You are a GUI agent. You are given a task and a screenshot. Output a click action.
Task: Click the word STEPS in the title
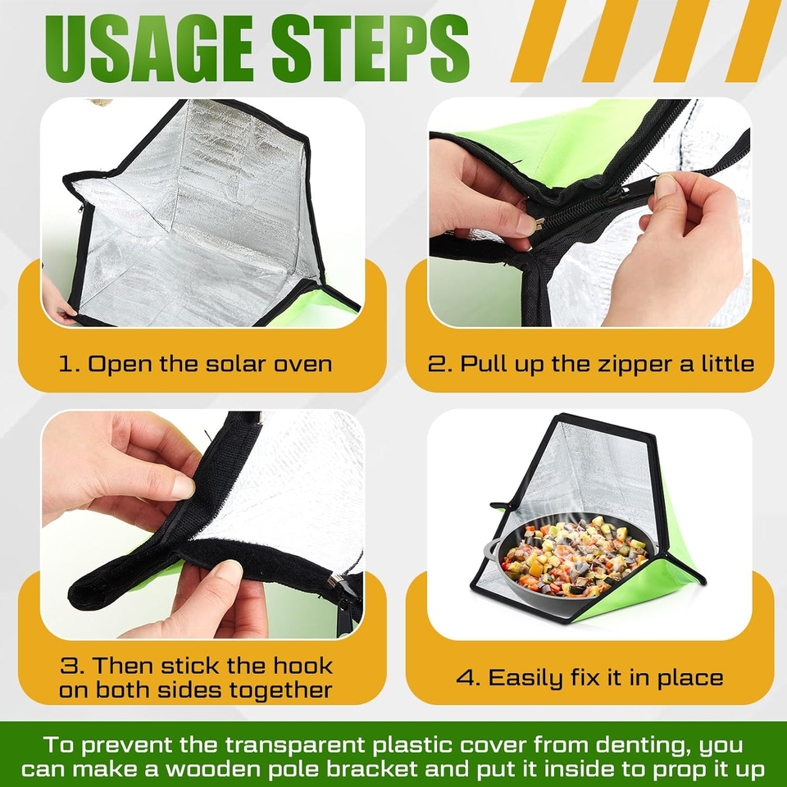pyautogui.click(x=371, y=48)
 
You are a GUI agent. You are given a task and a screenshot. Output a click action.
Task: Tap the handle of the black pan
pyautogui.click(x=492, y=547)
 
